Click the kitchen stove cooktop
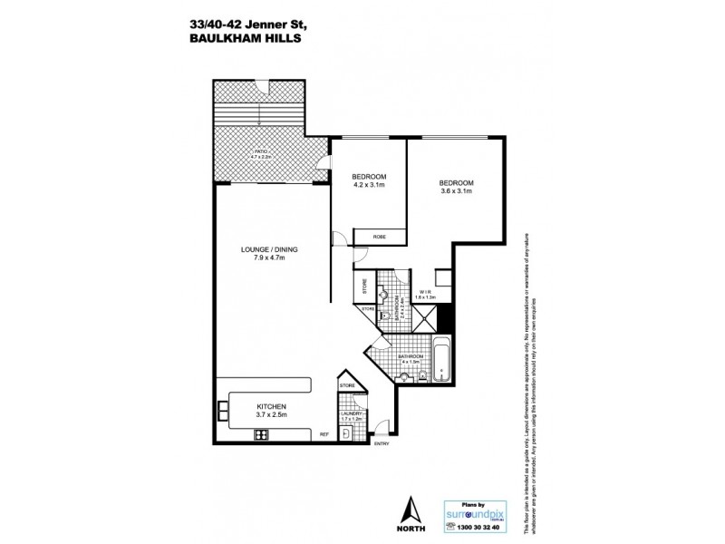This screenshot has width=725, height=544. point(262,434)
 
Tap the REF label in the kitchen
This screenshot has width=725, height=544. point(324,435)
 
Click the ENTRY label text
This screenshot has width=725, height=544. point(381,443)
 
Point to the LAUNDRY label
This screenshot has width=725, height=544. point(350,414)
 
